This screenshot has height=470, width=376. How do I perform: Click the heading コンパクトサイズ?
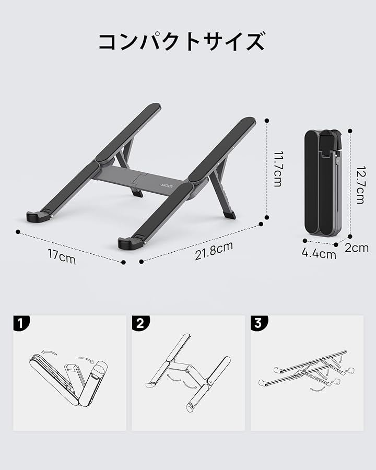click(x=181, y=42)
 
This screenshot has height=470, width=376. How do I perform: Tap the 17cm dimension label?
click(x=62, y=256)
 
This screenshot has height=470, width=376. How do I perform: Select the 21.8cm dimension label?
click(x=214, y=251)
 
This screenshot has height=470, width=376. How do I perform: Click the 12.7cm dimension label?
click(x=360, y=185)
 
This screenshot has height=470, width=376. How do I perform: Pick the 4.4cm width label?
click(x=319, y=254)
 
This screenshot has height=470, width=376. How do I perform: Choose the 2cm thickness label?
click(x=357, y=248)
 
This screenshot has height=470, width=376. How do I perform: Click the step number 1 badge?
click(x=21, y=323)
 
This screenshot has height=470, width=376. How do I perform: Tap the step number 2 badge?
click(x=140, y=323)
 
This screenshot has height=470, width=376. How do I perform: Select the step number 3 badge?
click(x=259, y=323)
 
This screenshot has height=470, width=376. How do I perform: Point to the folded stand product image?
click(x=323, y=183)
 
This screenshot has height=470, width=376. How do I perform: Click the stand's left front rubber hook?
click(x=37, y=216)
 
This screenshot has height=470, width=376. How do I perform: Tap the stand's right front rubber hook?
click(x=128, y=243)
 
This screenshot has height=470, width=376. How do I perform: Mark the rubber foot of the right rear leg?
click(x=229, y=215)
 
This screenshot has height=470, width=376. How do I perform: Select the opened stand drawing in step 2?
click(x=188, y=372)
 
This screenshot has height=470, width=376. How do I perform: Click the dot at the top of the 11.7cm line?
click(x=267, y=121)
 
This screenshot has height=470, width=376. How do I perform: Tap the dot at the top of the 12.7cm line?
click(x=350, y=131)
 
